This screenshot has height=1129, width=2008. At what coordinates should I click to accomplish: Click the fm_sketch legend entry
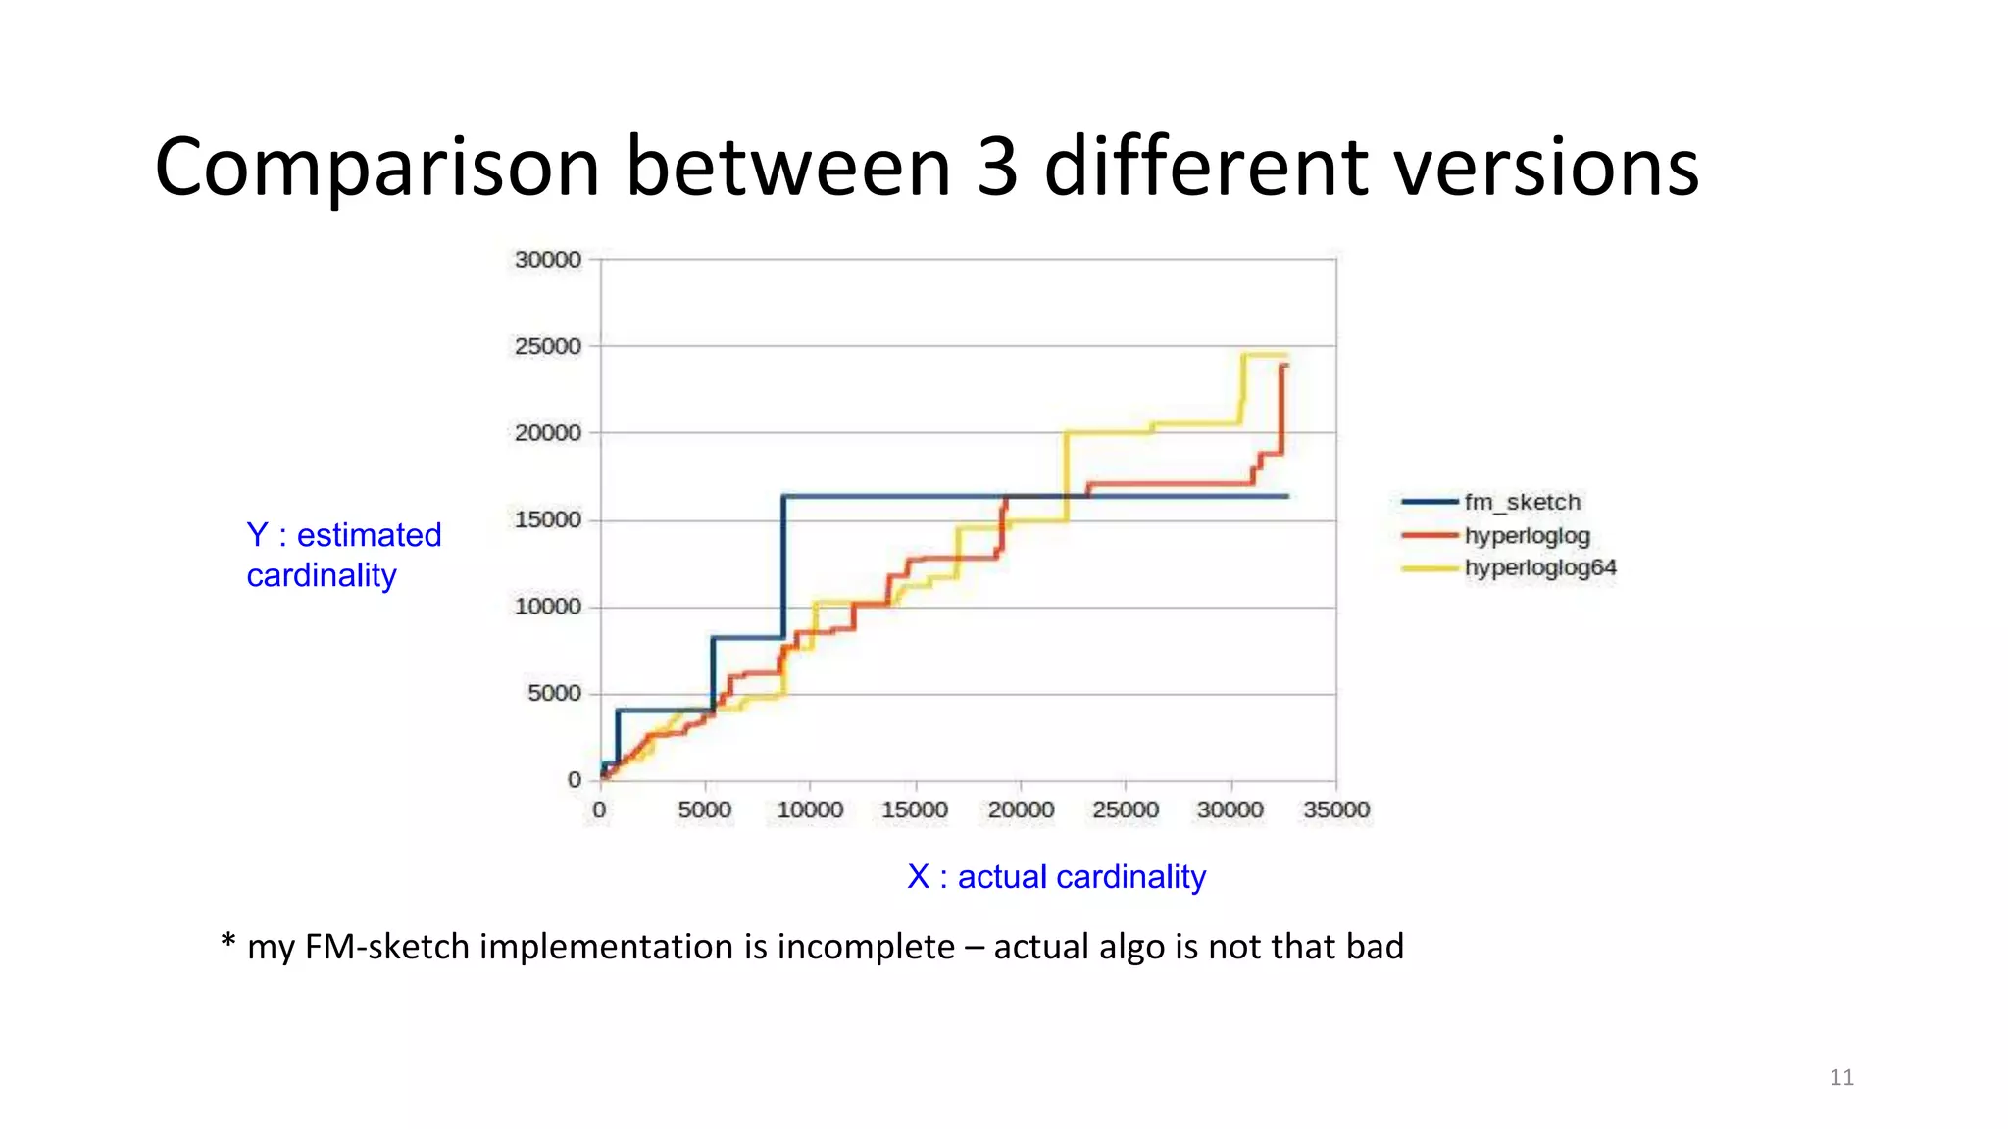pos(1522,502)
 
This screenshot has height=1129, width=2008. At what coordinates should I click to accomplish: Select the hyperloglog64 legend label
pos(1539,567)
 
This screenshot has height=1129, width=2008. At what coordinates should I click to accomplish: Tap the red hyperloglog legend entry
pos(1527,535)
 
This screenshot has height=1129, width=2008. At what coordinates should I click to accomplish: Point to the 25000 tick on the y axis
pos(547,346)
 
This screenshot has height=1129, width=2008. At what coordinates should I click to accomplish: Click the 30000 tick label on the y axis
pos(547,260)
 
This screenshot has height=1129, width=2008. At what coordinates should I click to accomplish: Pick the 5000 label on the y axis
pos(554,693)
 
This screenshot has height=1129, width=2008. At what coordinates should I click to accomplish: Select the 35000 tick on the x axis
pos(1335,810)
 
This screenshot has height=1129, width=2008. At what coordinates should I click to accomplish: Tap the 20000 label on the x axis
pos(1021,810)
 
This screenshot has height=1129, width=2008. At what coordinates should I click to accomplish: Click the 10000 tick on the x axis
pos(810,810)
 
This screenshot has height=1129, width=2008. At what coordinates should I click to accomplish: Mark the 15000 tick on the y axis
pos(547,519)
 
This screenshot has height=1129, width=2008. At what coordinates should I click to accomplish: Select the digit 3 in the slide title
pos(997,167)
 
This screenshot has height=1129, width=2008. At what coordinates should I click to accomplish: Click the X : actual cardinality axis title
pos(1056,876)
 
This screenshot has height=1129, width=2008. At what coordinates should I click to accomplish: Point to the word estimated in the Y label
pos(369,535)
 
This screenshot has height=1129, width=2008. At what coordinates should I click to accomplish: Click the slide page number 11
pos(1841,1077)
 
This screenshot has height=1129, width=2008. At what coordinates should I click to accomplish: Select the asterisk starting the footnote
pos(228,942)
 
